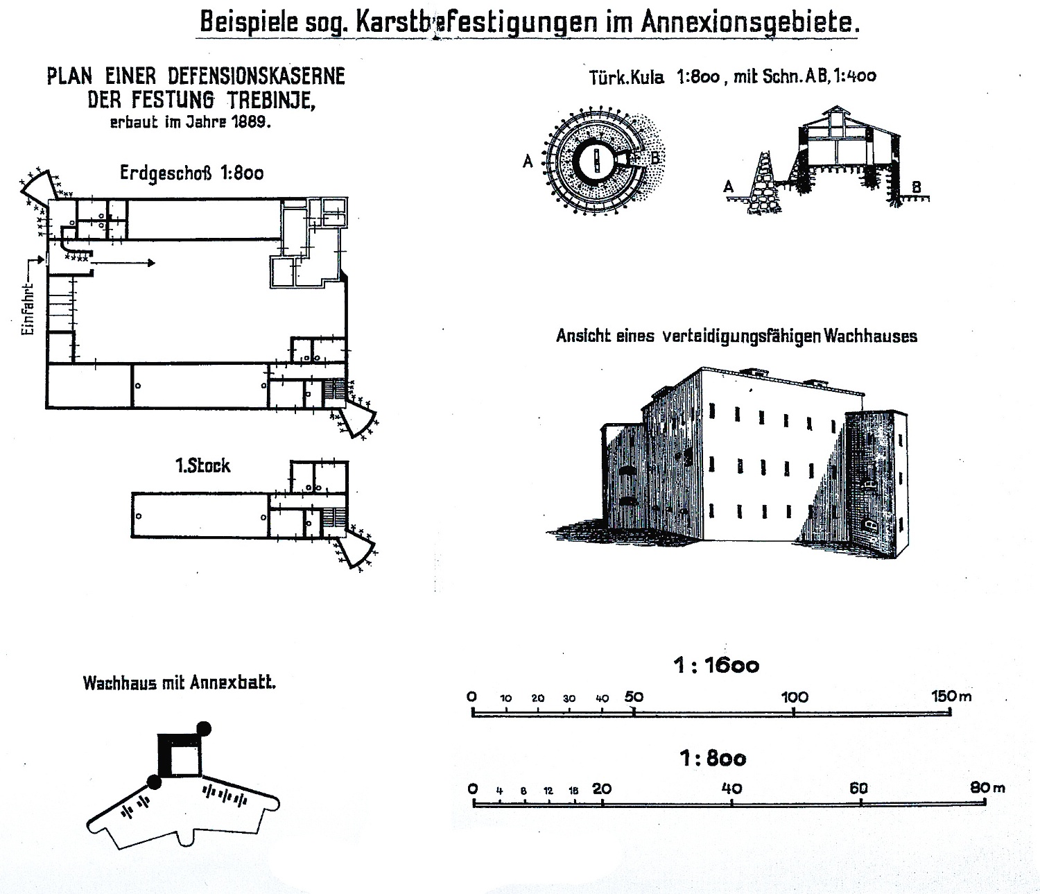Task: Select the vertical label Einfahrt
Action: click(x=28, y=310)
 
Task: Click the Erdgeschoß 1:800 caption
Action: click(x=191, y=173)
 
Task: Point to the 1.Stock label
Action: click(x=202, y=465)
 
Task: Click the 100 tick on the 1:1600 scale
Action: click(x=795, y=712)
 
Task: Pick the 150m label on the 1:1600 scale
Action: click(x=951, y=696)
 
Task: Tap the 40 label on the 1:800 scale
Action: click(x=731, y=789)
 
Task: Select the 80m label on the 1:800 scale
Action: click(x=987, y=789)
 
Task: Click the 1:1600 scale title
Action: click(x=716, y=666)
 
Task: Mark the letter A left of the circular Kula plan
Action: click(x=528, y=162)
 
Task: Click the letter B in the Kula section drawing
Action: click(x=916, y=187)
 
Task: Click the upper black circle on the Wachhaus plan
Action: click(x=204, y=728)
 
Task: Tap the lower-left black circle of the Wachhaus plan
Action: click(x=154, y=782)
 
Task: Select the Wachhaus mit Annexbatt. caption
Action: click(x=179, y=683)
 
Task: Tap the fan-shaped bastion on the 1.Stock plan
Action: click(x=358, y=551)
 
